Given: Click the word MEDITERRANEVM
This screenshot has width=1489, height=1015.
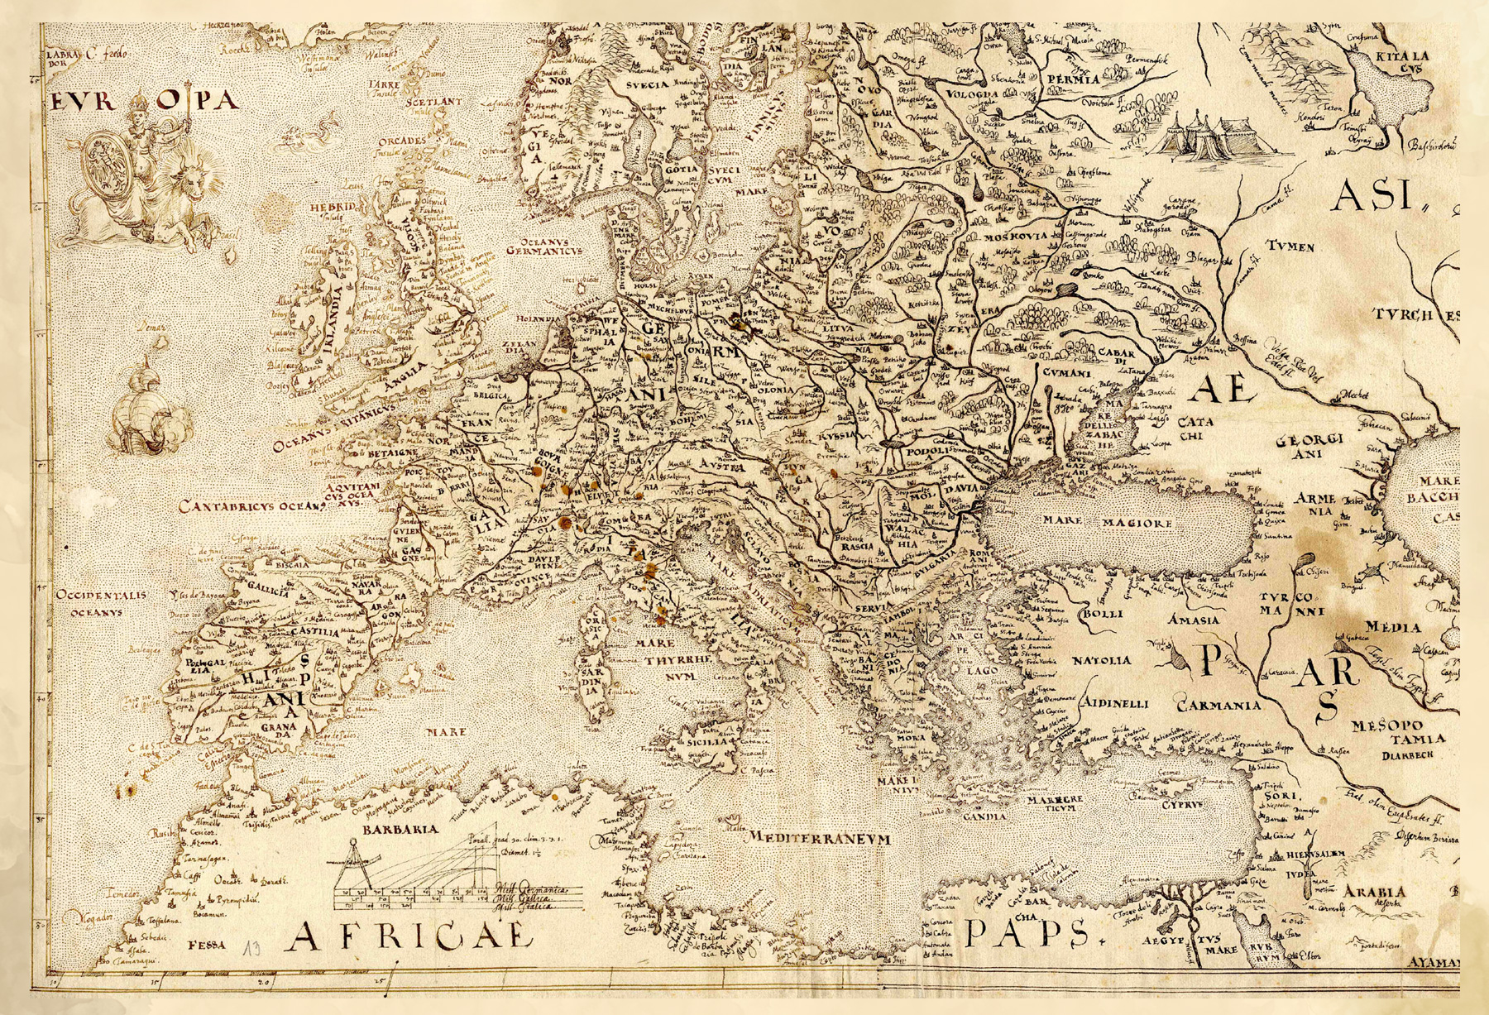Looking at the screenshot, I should (x=819, y=838).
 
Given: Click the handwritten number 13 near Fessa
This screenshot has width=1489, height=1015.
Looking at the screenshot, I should (x=253, y=946).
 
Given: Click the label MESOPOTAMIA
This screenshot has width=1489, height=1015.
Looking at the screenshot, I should (x=1398, y=732).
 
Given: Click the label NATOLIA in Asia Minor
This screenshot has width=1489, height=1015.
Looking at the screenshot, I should (x=1102, y=660).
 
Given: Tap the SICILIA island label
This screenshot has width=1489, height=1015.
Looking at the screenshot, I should (x=707, y=742).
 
